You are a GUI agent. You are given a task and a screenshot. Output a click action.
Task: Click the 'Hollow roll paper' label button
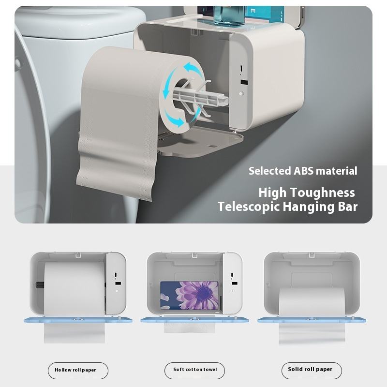pyautogui.click(x=78, y=371)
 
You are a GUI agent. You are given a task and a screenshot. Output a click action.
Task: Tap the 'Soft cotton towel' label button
pyautogui.click(x=195, y=370)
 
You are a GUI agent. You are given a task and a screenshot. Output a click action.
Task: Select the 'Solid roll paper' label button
pyautogui.click(x=312, y=370)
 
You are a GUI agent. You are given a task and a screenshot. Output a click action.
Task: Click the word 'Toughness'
pyautogui.click(x=325, y=193)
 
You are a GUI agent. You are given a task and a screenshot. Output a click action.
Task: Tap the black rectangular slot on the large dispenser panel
pyautogui.click(x=244, y=82)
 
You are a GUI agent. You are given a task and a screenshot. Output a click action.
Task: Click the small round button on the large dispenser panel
pyautogui.click(x=241, y=93)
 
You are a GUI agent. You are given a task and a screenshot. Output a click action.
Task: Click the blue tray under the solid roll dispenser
pyautogui.click(x=312, y=320)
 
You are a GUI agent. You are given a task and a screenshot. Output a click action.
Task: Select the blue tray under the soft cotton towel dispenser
pyautogui.click(x=195, y=320)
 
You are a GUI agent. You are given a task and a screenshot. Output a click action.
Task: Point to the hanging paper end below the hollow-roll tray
pyautogui.click(x=74, y=333)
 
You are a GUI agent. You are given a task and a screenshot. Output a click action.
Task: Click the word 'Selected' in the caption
pyautogui.click(x=270, y=171)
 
